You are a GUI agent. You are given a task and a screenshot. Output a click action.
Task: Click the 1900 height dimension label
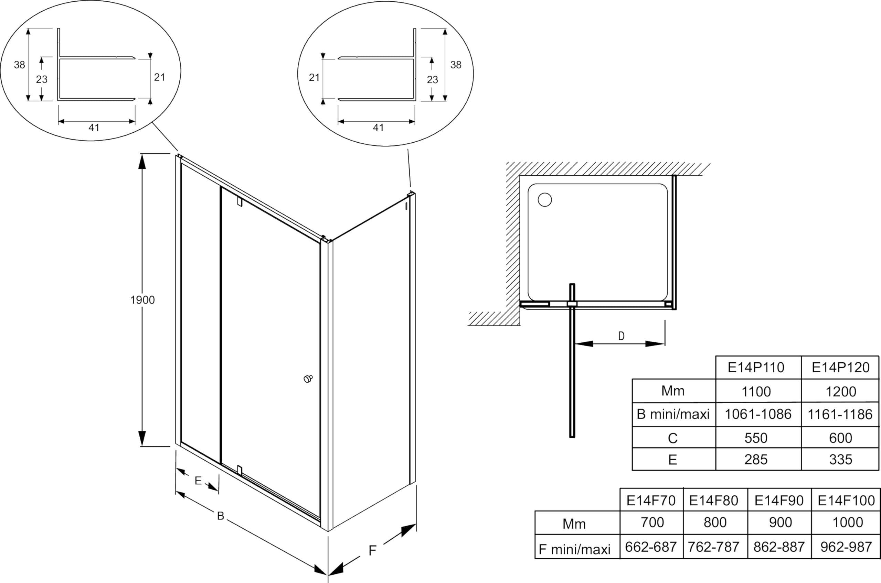coord(142,300)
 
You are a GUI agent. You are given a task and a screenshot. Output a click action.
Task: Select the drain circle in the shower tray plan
coord(545,200)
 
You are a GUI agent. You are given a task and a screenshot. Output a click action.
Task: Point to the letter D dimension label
coord(621,336)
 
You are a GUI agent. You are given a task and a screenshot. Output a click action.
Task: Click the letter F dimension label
coord(372,551)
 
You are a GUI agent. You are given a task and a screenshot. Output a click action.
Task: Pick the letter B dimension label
coord(221,516)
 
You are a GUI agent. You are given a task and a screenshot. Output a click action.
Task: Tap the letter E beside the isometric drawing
coord(198,481)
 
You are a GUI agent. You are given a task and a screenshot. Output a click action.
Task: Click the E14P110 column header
coord(756,367)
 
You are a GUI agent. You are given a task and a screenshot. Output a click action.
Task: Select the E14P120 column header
coord(840,367)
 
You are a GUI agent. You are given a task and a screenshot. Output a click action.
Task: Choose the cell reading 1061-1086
coord(758,414)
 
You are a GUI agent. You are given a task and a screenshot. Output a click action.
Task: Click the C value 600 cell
coord(840,438)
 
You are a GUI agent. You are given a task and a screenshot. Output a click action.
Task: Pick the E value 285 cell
coord(756,460)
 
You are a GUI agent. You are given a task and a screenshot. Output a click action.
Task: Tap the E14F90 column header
coord(779,500)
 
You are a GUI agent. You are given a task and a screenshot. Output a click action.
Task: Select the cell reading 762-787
coord(713,547)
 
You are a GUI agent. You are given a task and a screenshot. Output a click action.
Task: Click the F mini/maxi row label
coord(575,549)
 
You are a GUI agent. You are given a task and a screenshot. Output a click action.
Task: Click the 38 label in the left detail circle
coord(19,65)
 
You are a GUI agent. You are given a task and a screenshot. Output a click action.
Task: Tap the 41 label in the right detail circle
coord(378,128)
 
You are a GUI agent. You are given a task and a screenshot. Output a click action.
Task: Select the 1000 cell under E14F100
coord(848,522)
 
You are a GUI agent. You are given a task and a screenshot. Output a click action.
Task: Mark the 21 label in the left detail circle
coord(159,77)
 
